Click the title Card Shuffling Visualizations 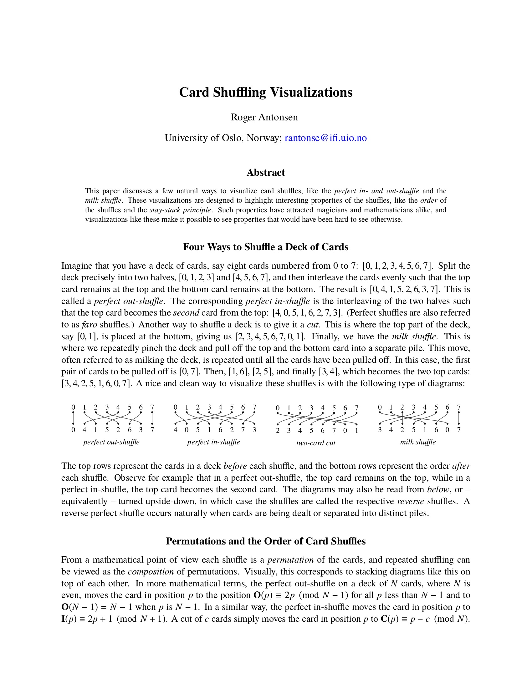pyautogui.click(x=266, y=92)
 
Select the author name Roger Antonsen pyautogui.click(x=264, y=117)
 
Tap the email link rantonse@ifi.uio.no pyautogui.click(x=325, y=138)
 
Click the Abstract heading pyautogui.click(x=266, y=172)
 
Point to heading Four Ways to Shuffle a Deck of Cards pyautogui.click(x=266, y=247)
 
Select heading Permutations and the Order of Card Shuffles pyautogui.click(x=266, y=541)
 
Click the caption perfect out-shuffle pyautogui.click(x=111, y=442)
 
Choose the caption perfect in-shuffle pyautogui.click(x=213, y=442)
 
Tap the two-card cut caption pyautogui.click(x=315, y=443)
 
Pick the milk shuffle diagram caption pyautogui.click(x=417, y=442)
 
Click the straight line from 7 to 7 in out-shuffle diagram pyautogui.click(x=152, y=418)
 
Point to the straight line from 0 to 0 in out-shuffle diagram pyautogui.click(x=73, y=418)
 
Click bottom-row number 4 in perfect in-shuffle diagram pyautogui.click(x=176, y=430)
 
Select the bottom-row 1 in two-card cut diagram pyautogui.click(x=356, y=431)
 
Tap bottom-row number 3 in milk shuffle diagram pyautogui.click(x=380, y=430)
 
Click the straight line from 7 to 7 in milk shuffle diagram pyautogui.click(x=458, y=418)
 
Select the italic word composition pyautogui.click(x=151, y=572)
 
